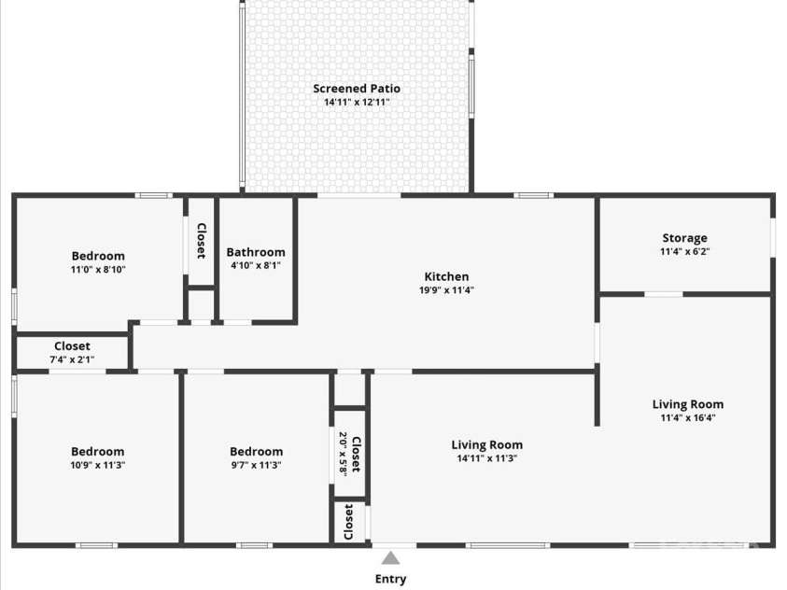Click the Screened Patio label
click(x=357, y=89)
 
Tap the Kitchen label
click(x=446, y=276)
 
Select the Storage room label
click(x=684, y=238)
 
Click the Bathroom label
click(x=256, y=252)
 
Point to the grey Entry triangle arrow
click(x=391, y=558)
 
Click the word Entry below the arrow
click(x=391, y=579)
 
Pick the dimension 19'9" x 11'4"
click(x=446, y=289)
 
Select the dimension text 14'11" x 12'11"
click(x=357, y=102)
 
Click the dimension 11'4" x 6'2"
click(x=684, y=251)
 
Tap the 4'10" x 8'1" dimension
click(x=256, y=265)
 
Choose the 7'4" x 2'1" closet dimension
click(x=72, y=359)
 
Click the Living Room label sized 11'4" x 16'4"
click(x=687, y=404)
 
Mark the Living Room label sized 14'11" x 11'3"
click(x=487, y=445)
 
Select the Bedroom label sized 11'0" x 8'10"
click(x=98, y=256)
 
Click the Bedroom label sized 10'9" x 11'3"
click(x=98, y=452)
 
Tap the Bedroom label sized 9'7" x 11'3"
click(x=256, y=452)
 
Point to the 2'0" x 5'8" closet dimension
click(x=344, y=455)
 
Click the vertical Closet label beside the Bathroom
click(x=201, y=240)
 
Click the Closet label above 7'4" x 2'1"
click(x=72, y=346)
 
